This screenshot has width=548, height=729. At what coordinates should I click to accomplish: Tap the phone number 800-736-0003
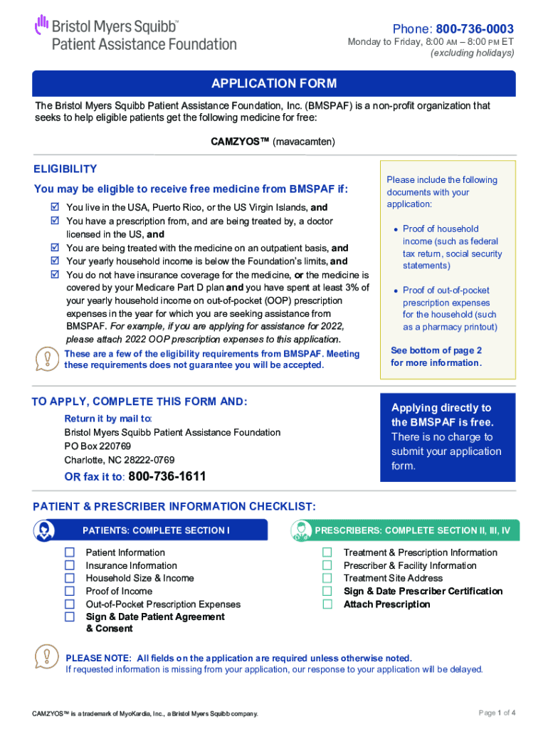(x=475, y=29)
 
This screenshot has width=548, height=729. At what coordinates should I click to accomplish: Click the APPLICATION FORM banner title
(x=274, y=84)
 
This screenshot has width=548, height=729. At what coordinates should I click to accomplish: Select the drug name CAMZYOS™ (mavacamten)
(x=273, y=142)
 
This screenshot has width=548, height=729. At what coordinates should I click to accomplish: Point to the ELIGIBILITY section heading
(x=65, y=169)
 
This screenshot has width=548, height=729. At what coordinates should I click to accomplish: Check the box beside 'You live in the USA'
(x=55, y=207)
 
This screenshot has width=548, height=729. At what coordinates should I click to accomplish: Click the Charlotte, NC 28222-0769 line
(x=119, y=460)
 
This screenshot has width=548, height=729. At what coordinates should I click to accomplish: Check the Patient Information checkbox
(x=70, y=552)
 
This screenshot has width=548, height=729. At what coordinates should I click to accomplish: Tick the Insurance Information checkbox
(x=70, y=565)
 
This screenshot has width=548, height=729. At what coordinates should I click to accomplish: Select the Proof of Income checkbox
(x=70, y=591)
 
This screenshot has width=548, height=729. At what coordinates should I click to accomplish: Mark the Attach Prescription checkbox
(x=327, y=604)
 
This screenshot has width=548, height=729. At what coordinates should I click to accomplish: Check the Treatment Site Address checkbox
(x=327, y=578)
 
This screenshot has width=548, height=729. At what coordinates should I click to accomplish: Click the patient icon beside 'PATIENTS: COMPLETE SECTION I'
(x=44, y=530)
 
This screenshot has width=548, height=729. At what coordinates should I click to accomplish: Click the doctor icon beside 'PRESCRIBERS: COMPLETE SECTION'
(x=302, y=530)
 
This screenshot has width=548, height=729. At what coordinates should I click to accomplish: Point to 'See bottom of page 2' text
(x=436, y=350)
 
